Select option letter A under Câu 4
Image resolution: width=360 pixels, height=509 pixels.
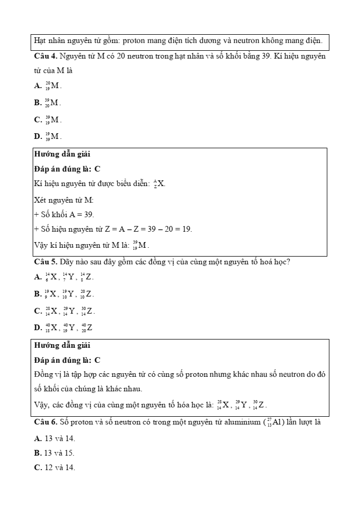click(38, 86)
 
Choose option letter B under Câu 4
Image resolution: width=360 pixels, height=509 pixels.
click(38, 103)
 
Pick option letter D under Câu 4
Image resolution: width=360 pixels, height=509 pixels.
click(38, 137)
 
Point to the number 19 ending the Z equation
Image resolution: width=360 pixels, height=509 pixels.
click(187, 229)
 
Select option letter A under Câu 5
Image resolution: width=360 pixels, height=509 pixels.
click(38, 277)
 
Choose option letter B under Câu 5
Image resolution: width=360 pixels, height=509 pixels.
click(38, 294)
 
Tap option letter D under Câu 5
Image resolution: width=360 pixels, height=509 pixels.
click(38, 328)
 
